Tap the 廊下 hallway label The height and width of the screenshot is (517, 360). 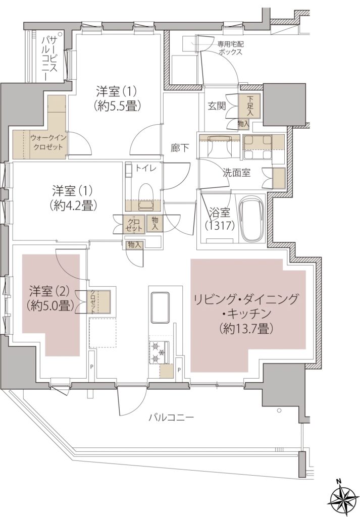(180, 148)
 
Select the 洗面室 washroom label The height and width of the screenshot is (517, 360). (237, 173)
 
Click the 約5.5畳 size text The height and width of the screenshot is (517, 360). (117, 106)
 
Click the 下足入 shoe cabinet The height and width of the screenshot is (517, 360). (249, 106)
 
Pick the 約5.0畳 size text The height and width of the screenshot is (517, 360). (49, 305)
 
